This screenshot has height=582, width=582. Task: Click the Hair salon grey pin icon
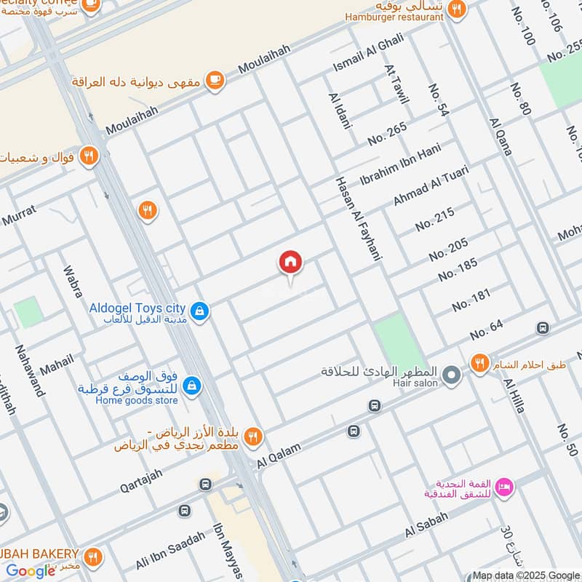click(x=452, y=375)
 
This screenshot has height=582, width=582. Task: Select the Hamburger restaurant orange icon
click(x=457, y=9)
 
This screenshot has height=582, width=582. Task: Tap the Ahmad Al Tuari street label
click(x=431, y=186)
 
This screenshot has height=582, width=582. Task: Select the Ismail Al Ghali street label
click(x=368, y=53)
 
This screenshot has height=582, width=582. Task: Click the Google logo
click(x=31, y=570)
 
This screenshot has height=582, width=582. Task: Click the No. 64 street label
click(x=486, y=330)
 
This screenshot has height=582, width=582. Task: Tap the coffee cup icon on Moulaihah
click(x=214, y=81)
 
